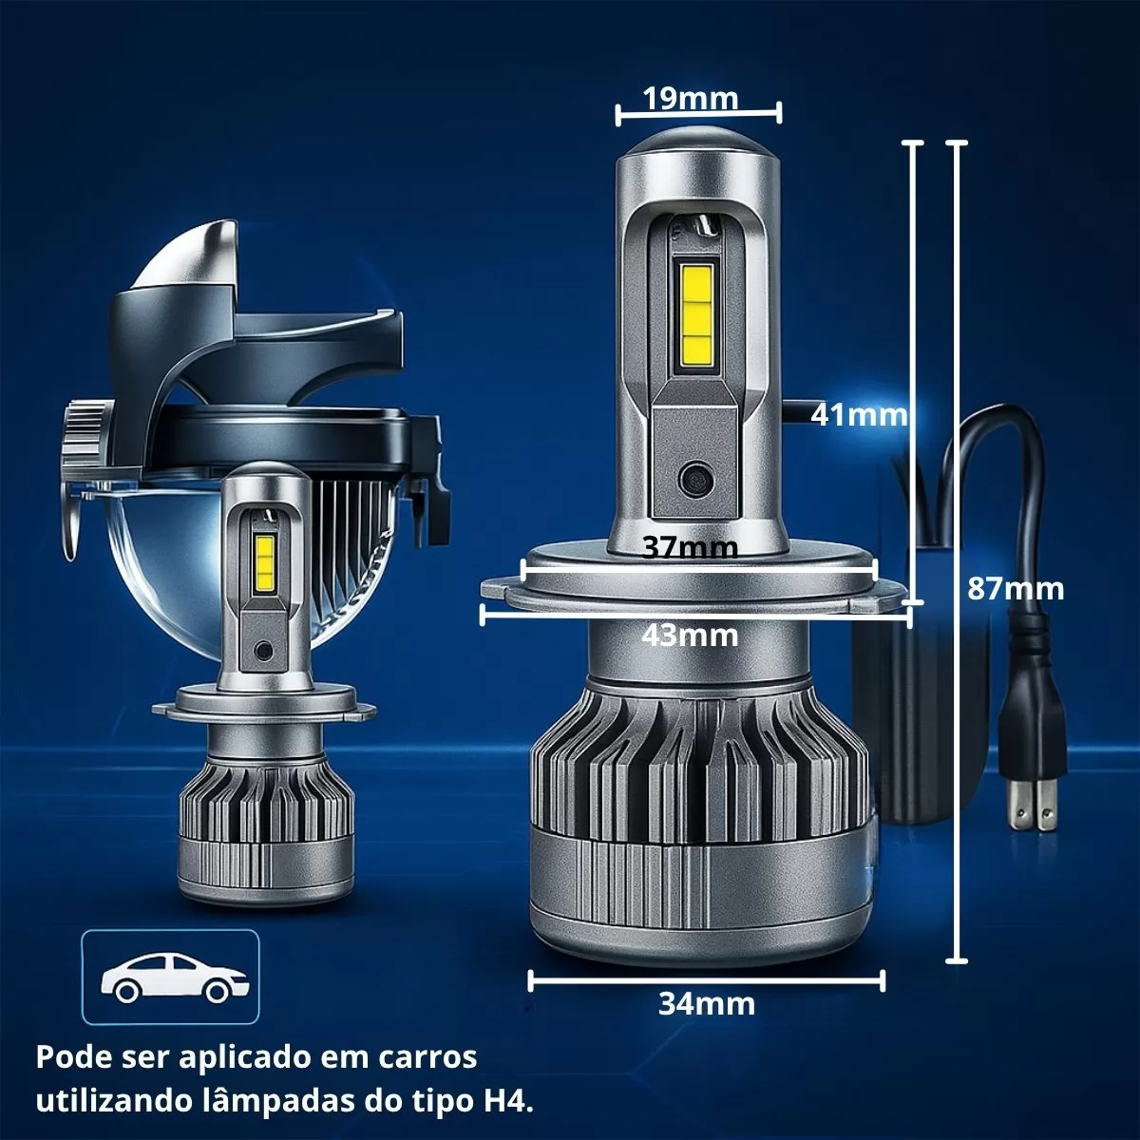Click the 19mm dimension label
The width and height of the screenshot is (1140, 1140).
[691, 99]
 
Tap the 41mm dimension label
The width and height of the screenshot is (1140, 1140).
[859, 415]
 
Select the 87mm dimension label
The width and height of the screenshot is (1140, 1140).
[1016, 589]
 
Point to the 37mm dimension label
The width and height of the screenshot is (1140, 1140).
[690, 548]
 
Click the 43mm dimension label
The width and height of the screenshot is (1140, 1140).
[690, 636]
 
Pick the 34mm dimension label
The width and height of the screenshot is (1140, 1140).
[707, 1004]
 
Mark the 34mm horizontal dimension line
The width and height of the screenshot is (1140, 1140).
[707, 980]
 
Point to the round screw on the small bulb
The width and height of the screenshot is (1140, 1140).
[261, 651]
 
